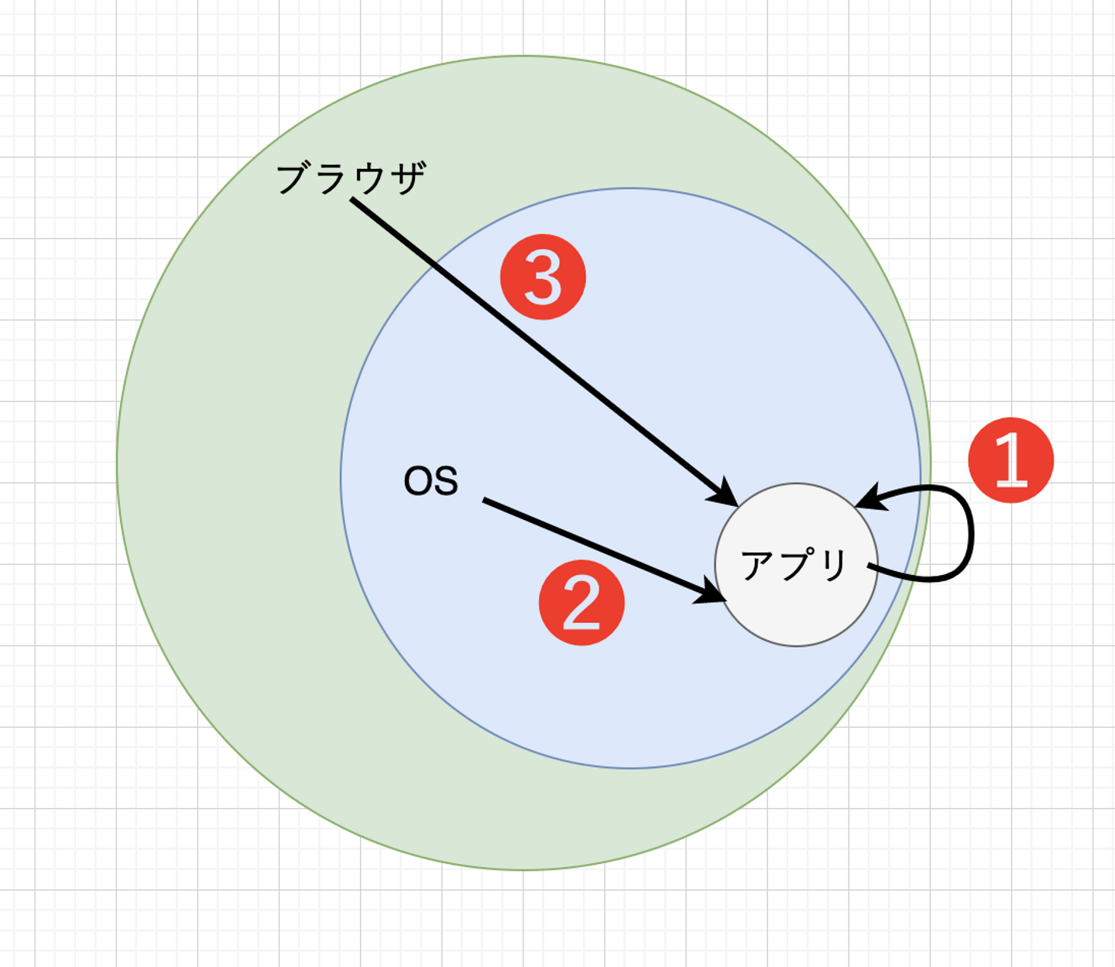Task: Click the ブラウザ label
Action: (351, 178)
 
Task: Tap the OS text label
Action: (431, 481)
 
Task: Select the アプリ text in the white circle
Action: (794, 565)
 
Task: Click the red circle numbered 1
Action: (1010, 460)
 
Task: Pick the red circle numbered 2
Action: (582, 602)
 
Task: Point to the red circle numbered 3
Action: (543, 277)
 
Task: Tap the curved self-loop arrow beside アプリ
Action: (969, 535)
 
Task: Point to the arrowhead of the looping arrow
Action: (869, 499)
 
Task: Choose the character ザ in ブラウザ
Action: (407, 178)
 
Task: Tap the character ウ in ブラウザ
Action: (369, 178)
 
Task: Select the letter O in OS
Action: (418, 481)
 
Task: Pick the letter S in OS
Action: (445, 481)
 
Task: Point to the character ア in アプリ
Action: (757, 565)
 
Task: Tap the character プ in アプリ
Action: (796, 563)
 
